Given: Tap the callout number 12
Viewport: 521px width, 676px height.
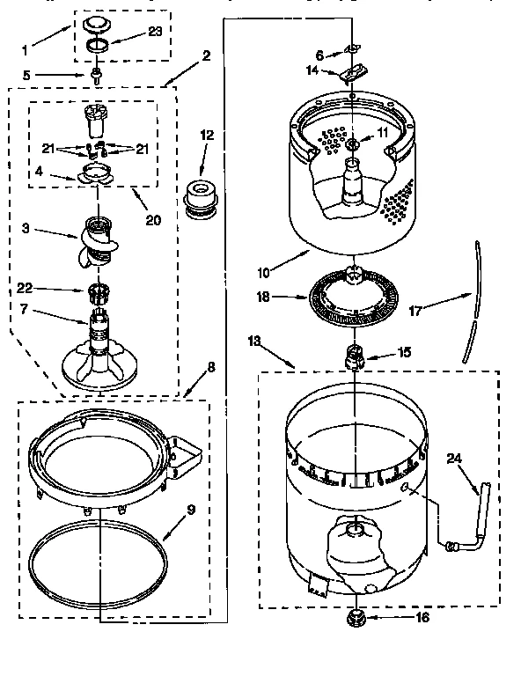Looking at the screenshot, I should click(x=208, y=136).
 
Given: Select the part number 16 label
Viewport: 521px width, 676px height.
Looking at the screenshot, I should click(x=422, y=617).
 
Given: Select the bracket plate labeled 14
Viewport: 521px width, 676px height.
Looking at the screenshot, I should click(x=352, y=73).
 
